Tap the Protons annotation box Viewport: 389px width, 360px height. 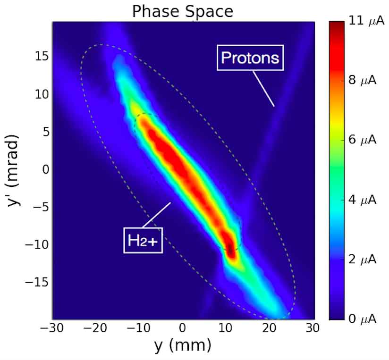click(250, 58)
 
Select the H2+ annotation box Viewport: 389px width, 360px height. click(143, 241)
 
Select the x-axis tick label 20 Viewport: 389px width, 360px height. click(271, 328)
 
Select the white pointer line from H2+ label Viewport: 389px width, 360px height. click(156, 215)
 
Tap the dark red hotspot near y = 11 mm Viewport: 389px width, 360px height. click(230, 249)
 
